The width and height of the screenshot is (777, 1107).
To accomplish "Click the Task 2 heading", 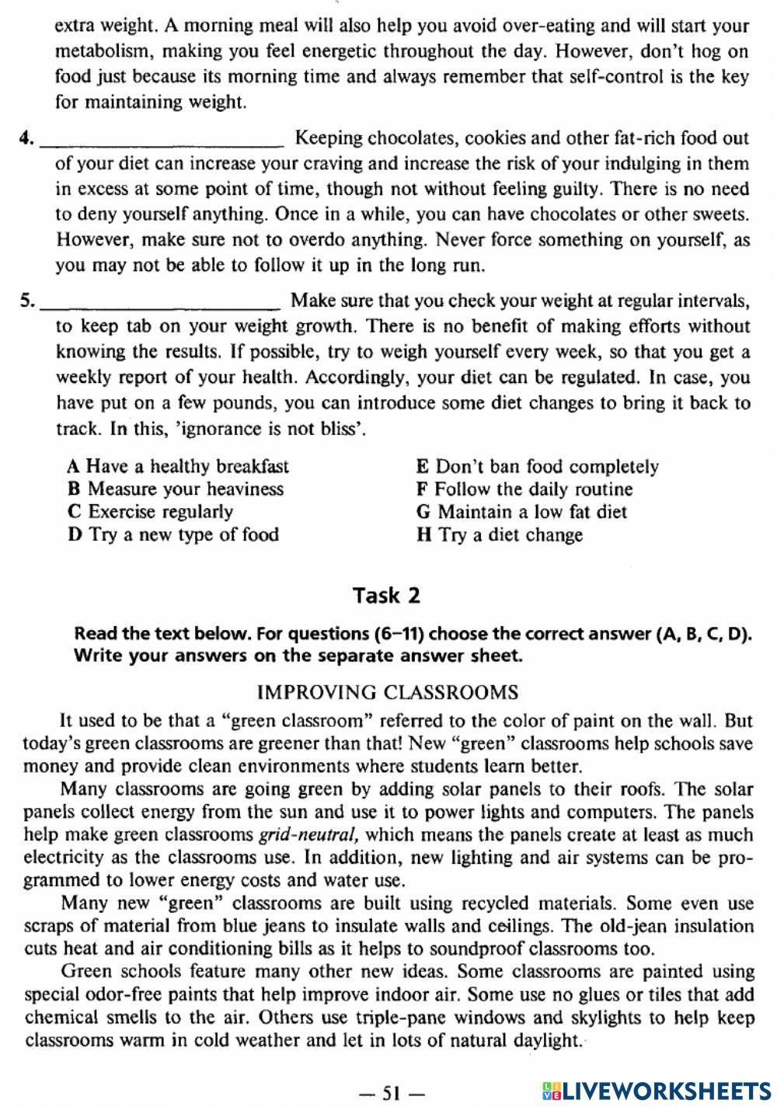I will (386, 596).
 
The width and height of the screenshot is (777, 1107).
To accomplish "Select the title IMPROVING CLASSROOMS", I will (387, 692).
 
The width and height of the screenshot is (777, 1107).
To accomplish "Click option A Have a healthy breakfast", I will (178, 466).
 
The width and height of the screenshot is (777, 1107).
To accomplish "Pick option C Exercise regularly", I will (151, 511).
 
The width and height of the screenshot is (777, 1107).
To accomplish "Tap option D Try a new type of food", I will (173, 534).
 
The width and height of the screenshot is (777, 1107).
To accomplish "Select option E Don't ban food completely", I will (538, 467).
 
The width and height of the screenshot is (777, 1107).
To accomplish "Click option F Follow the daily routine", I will (524, 489).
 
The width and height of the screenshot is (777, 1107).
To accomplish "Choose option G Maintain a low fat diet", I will (521, 512).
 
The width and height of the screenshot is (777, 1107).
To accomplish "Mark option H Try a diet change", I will (500, 535).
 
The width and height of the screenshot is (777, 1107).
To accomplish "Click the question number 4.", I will (26, 139).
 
